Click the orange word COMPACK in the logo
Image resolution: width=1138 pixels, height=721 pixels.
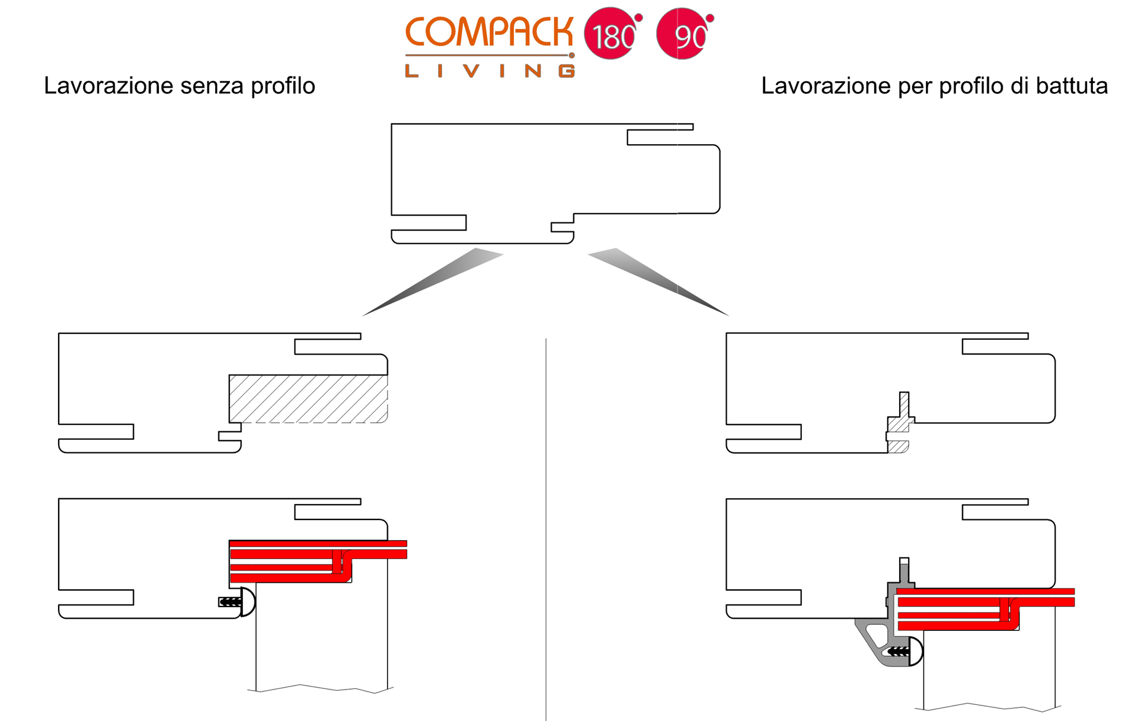[490, 32]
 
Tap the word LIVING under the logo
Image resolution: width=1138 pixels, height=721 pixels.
[490, 71]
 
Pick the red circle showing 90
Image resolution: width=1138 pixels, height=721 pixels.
[683, 34]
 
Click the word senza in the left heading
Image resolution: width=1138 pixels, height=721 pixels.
[212, 86]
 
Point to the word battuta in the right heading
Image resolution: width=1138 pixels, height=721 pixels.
[1072, 86]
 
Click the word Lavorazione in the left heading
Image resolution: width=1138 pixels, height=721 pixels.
[109, 86]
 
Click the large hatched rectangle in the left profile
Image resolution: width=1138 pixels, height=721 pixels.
[308, 398]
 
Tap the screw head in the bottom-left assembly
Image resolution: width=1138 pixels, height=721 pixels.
[248, 602]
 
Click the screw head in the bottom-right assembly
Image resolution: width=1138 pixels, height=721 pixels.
[916, 652]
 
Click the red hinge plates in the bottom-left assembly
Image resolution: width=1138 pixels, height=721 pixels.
[318, 561]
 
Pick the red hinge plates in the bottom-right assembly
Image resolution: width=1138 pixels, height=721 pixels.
[986, 609]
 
